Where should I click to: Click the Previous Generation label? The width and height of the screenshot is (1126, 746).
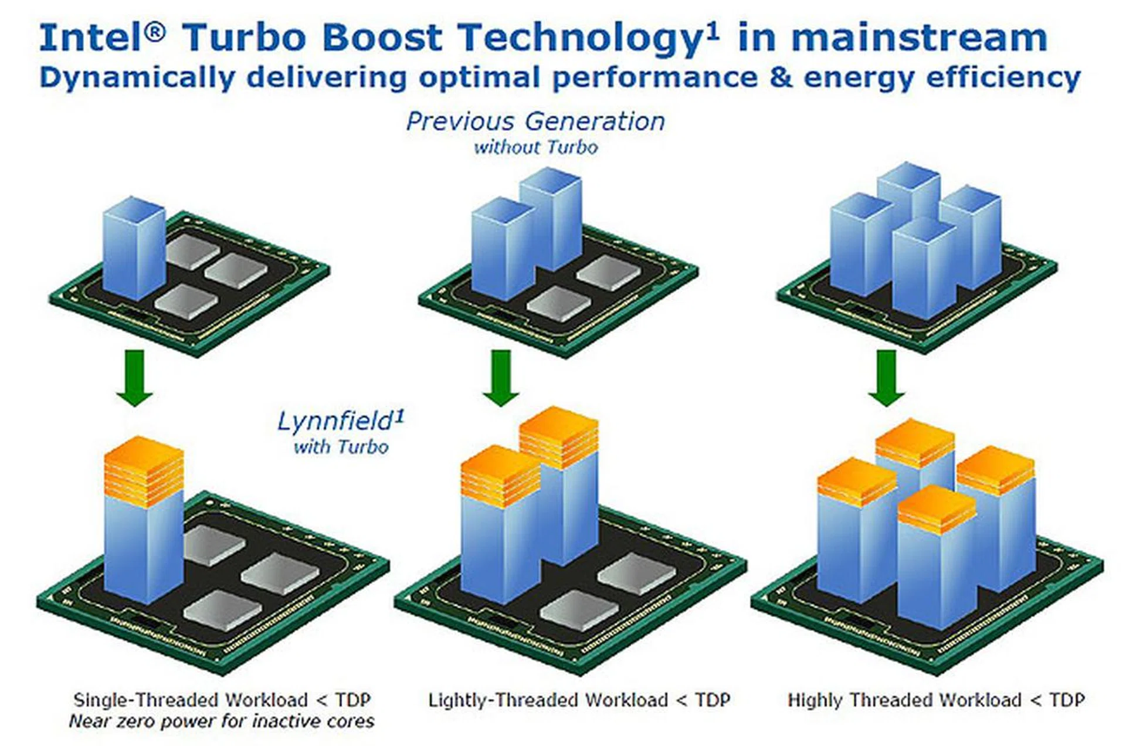click(x=535, y=121)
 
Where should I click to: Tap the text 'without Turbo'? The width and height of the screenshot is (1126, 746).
click(x=536, y=147)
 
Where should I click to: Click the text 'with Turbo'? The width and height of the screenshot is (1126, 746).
click(x=341, y=447)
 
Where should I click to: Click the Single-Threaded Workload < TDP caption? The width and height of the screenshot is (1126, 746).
click(x=222, y=700)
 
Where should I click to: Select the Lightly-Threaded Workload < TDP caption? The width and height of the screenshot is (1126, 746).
click(x=579, y=700)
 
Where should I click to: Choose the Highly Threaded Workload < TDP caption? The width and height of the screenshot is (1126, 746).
click(x=936, y=700)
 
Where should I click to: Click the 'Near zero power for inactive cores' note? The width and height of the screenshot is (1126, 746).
click(x=222, y=721)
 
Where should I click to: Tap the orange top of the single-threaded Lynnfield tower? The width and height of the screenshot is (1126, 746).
click(x=144, y=470)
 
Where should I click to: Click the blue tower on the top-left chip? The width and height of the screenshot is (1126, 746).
click(x=134, y=248)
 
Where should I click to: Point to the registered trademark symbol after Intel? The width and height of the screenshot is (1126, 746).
click(x=155, y=32)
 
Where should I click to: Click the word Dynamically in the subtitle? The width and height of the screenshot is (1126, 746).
click(x=137, y=78)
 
